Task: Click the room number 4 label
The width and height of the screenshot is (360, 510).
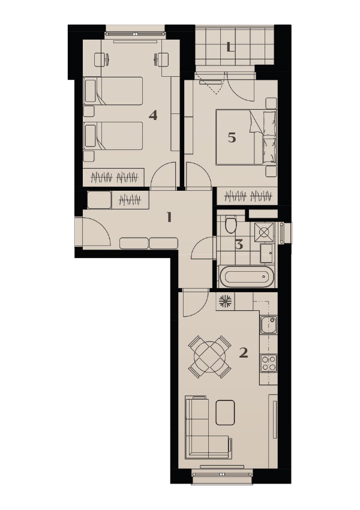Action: click(x=153, y=115)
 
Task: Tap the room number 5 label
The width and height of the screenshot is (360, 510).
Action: click(x=232, y=138)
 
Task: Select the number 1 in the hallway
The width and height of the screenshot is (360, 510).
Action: click(x=169, y=217)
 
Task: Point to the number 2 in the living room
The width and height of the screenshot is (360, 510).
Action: click(x=244, y=353)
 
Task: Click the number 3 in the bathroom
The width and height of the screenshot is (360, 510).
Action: click(x=239, y=245)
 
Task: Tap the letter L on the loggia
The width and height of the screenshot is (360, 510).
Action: click(x=230, y=47)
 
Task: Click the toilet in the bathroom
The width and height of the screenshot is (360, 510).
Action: click(x=230, y=224)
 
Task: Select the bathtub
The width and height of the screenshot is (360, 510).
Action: click(x=247, y=277)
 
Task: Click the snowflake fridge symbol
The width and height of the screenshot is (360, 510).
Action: click(x=225, y=301)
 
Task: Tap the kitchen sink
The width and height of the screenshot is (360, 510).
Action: click(x=269, y=325)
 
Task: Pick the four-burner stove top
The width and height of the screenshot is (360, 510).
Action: click(x=269, y=363)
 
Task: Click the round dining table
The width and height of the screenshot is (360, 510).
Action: click(x=210, y=357)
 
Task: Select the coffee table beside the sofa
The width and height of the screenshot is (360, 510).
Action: click(x=226, y=412)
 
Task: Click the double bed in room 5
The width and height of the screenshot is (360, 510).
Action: click(x=246, y=137)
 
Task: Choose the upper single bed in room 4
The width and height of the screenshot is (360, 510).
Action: click(x=113, y=91)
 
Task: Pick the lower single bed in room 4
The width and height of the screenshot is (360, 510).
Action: click(x=113, y=136)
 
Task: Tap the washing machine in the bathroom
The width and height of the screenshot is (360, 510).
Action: click(x=265, y=232)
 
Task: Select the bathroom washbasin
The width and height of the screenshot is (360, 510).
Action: click(x=268, y=253)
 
